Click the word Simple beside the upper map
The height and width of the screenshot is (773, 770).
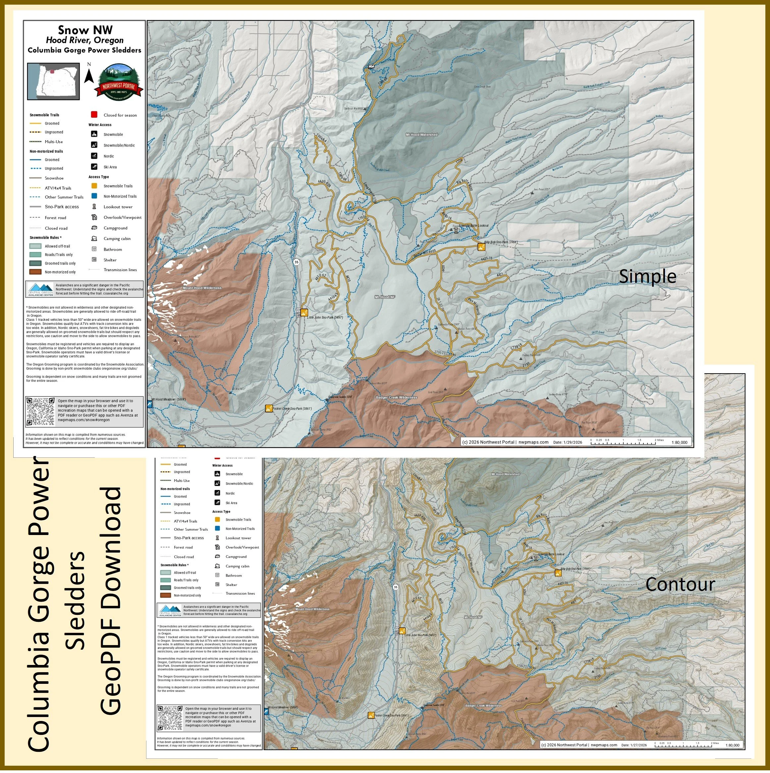(x=647, y=276)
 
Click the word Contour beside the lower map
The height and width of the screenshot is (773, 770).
(x=680, y=584)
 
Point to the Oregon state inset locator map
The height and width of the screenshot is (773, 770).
(x=53, y=81)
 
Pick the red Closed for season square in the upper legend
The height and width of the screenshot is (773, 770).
(x=94, y=115)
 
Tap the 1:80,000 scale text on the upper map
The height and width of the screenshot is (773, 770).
(x=679, y=442)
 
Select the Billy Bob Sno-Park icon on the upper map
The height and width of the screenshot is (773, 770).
(x=481, y=247)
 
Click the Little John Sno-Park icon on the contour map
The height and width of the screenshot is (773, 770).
(x=402, y=631)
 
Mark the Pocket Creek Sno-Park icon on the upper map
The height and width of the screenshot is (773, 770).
(x=269, y=408)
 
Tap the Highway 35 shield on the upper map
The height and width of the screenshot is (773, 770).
(x=296, y=263)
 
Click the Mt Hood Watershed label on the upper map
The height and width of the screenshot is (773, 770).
(x=421, y=135)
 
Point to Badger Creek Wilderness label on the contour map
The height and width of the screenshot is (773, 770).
(x=483, y=705)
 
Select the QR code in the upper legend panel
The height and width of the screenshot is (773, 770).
(x=40, y=412)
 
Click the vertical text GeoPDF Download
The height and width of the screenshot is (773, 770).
(x=110, y=600)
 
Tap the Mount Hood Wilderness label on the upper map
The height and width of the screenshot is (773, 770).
(x=202, y=288)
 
